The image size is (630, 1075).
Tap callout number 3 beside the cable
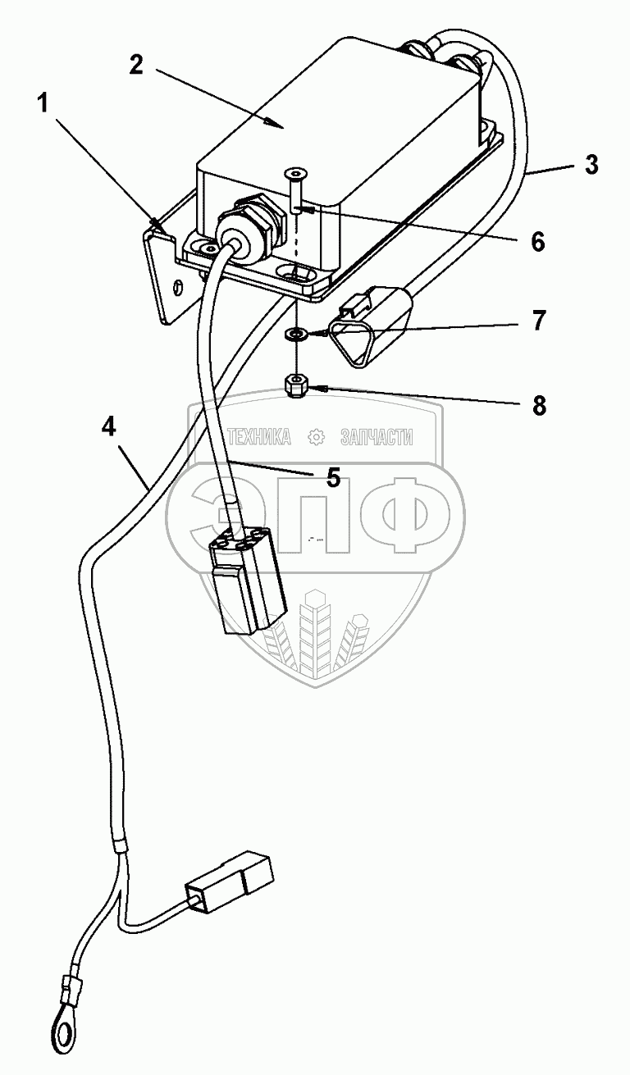tap(591, 164)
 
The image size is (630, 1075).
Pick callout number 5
tap(332, 477)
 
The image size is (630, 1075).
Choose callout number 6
tap(537, 240)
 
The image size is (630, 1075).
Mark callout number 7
tap(537, 321)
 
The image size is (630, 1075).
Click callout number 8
tap(539, 404)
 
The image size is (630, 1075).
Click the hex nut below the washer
tap(296, 384)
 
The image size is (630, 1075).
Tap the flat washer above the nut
tap(294, 335)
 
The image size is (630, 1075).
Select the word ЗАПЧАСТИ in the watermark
tap(377, 438)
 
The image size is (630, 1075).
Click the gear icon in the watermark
tap(316, 438)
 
